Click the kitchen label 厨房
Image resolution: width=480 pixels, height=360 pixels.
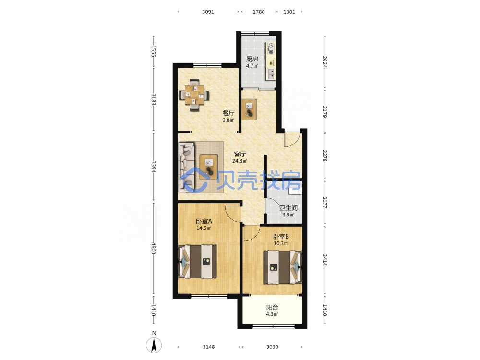point(252,59)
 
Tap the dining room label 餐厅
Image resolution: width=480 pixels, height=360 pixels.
point(228,113)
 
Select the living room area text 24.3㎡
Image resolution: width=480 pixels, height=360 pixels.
point(240,161)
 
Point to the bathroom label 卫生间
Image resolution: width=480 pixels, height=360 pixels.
point(288,208)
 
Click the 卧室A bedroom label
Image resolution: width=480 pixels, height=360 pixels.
point(204,221)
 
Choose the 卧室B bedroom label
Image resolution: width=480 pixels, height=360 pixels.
point(281,236)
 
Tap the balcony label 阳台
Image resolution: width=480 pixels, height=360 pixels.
point(272,307)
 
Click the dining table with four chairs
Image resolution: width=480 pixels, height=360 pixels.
point(194,95)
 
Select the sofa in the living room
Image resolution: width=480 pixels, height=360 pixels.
point(187,167)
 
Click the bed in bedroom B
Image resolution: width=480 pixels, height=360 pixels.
point(283,267)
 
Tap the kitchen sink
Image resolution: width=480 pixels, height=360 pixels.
point(271,74)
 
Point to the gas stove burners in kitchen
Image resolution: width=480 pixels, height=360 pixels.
point(271,48)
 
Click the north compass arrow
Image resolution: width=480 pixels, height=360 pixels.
point(154,346)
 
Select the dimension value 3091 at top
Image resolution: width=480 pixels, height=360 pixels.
point(208,12)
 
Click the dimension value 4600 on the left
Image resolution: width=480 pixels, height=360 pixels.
point(154,248)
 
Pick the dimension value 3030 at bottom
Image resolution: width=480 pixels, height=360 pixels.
point(272,347)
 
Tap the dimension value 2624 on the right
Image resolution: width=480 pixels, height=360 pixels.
point(325,61)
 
